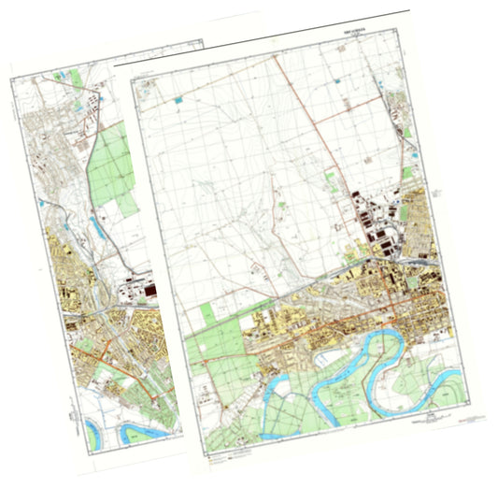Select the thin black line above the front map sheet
coord(262,37)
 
